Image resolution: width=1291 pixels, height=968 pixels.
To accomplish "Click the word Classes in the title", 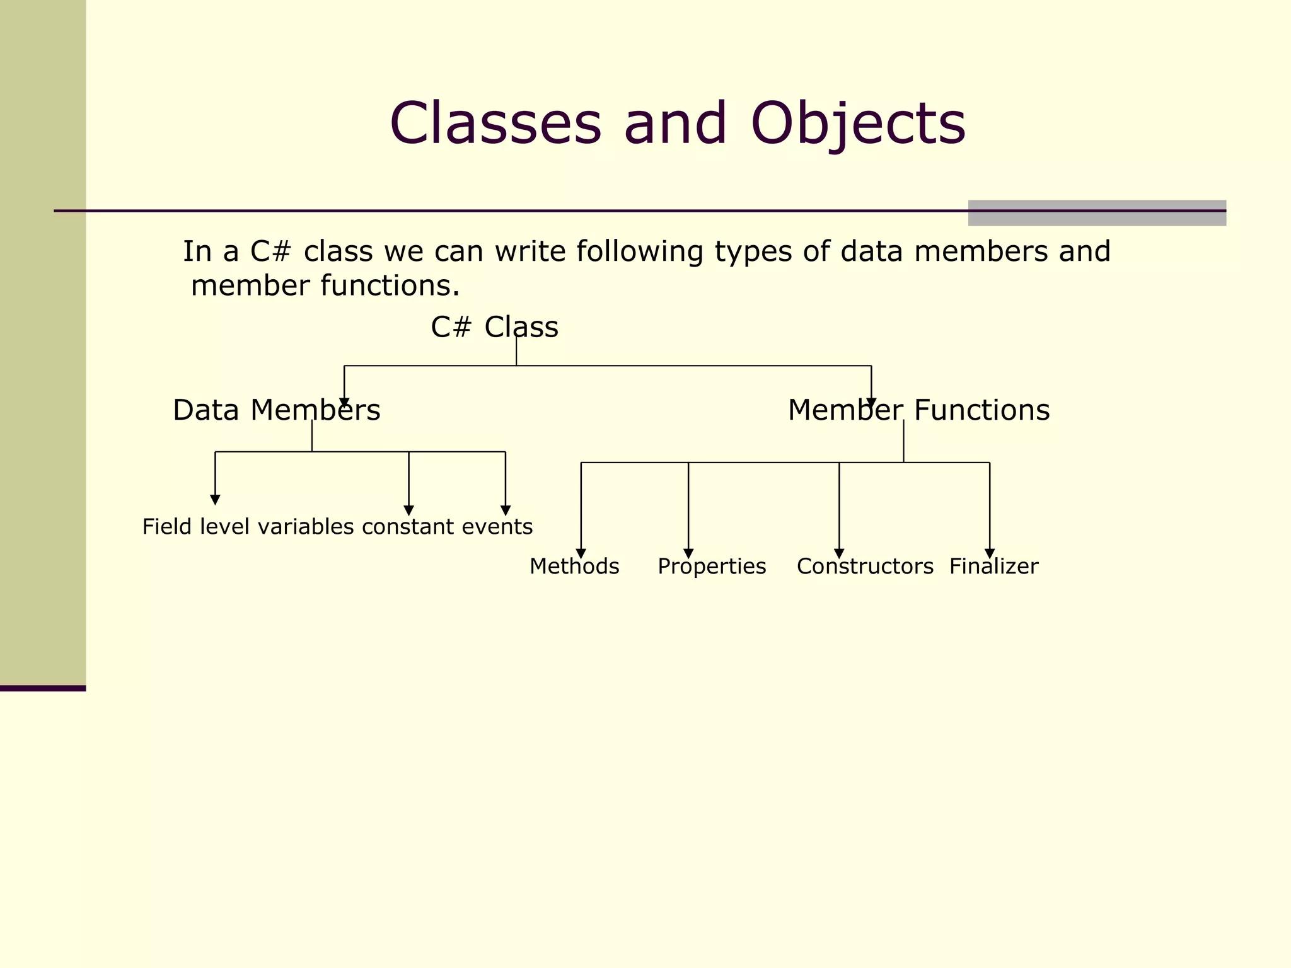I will click(495, 124).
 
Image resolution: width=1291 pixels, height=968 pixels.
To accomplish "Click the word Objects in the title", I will click(858, 124).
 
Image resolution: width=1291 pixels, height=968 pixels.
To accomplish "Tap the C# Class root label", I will click(494, 327).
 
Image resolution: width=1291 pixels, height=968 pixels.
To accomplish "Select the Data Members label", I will click(276, 410).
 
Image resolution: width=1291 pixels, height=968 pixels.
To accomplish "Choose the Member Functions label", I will click(918, 410).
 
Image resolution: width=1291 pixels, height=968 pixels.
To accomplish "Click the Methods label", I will click(574, 566).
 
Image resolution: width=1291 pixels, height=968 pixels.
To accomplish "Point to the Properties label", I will click(712, 566).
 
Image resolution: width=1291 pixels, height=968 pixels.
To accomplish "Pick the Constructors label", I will click(865, 566).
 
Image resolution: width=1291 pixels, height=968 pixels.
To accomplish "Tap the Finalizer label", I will click(993, 566).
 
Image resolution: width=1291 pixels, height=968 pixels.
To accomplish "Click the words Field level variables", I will click(248, 526).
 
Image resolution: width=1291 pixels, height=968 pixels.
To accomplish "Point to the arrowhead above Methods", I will click(581, 553).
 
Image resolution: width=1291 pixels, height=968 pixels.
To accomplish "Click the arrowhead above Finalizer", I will click(990, 553).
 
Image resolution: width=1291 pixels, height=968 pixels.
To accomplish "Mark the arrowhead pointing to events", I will click(506, 510).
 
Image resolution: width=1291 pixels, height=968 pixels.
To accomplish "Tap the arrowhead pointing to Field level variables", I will click(215, 500).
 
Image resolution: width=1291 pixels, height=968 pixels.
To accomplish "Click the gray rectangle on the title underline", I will click(1097, 213).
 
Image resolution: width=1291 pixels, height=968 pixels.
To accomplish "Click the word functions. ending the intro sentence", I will click(390, 286).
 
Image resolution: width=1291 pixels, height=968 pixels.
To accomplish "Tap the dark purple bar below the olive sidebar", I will click(43, 688).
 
